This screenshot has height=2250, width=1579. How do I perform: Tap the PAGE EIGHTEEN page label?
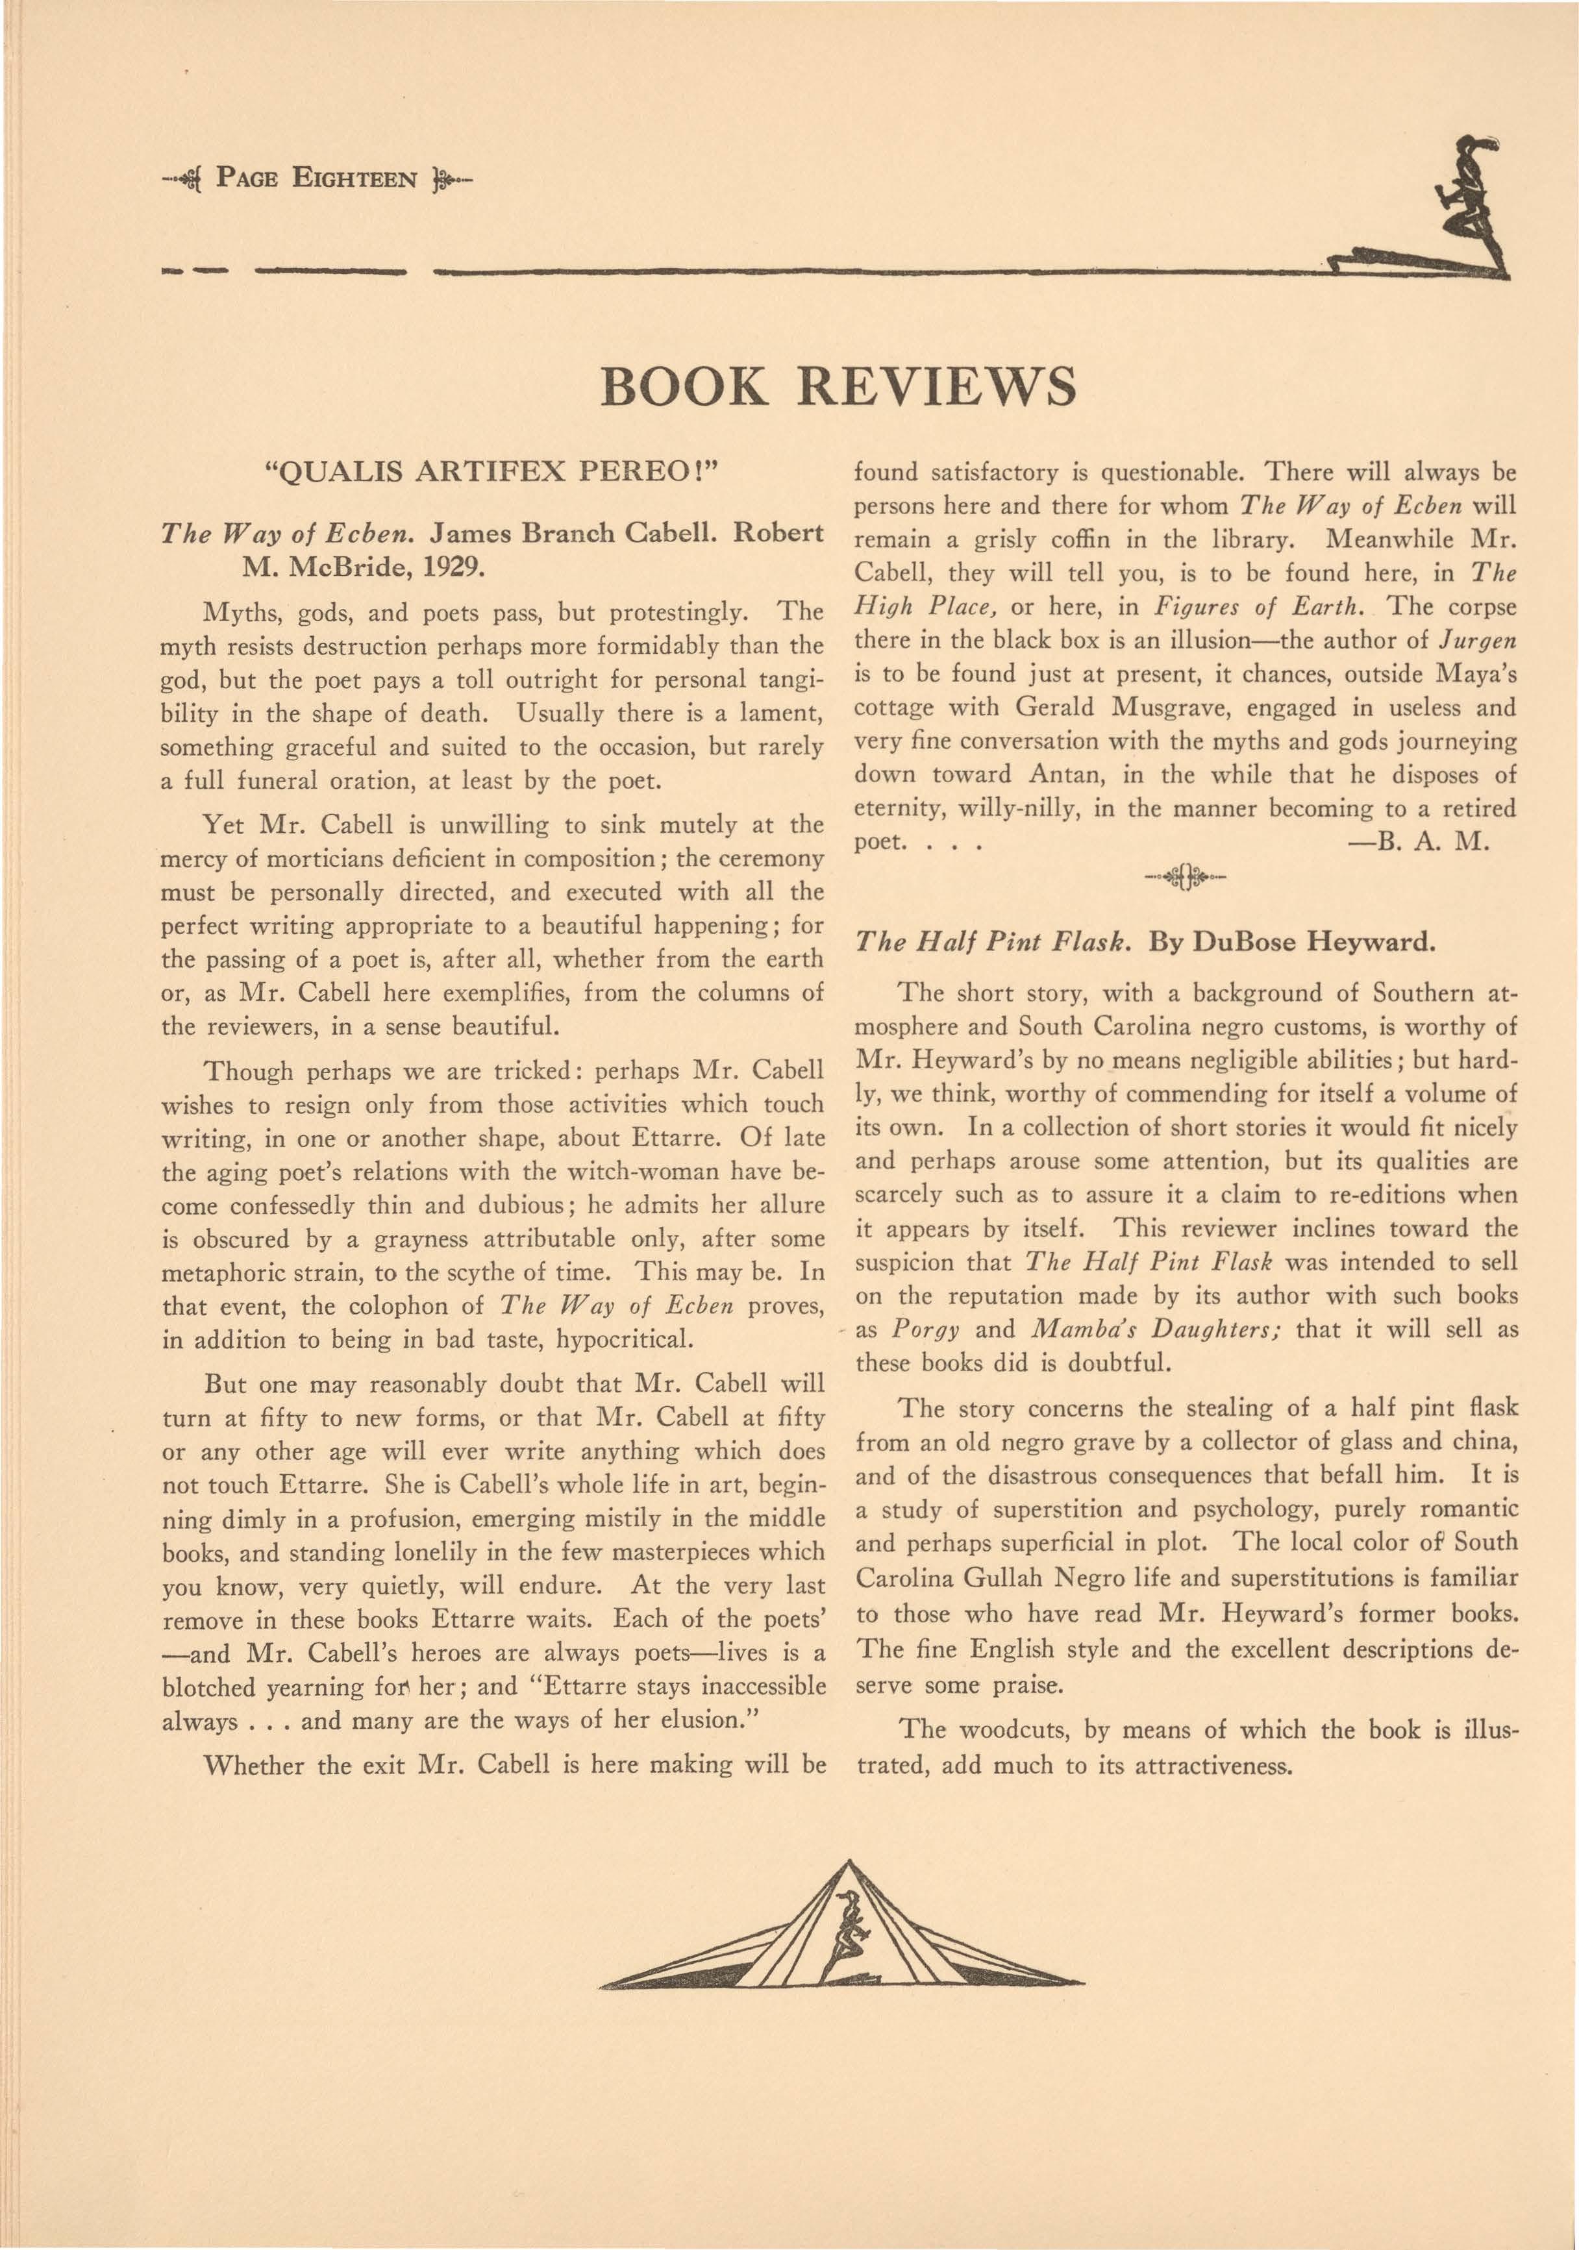tap(317, 180)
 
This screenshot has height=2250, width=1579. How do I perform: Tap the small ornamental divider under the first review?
tap(1185, 874)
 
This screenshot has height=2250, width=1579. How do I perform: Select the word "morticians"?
tap(298, 858)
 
